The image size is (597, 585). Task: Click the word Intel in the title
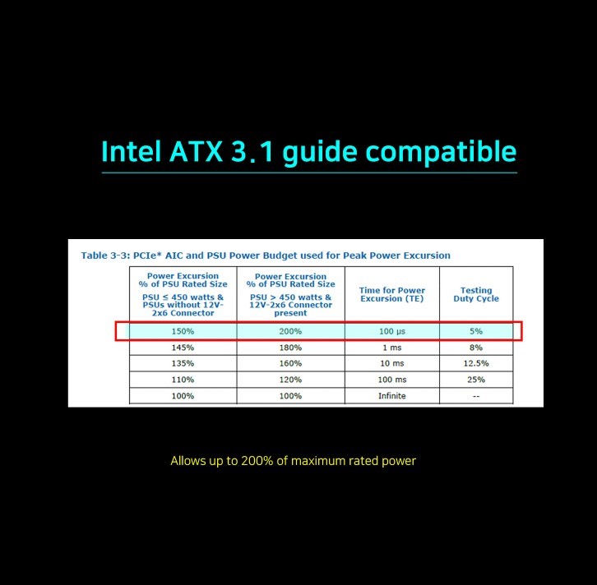coord(131,151)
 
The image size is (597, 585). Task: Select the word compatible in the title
coord(441,153)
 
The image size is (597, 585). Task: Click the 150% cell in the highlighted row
coord(183,331)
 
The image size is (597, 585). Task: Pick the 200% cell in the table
coord(290,331)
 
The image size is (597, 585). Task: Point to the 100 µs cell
coord(392,331)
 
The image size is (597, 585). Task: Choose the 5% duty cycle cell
coord(476,331)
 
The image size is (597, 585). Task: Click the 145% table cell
coord(183,348)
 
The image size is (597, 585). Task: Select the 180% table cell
coord(290,348)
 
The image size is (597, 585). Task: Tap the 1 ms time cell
coord(392,348)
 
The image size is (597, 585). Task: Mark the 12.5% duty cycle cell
coord(476,363)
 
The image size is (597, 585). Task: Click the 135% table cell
coord(183,363)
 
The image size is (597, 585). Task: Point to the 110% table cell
coord(183,380)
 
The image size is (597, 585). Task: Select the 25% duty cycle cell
coord(476,380)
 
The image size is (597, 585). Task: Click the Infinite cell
coord(392,396)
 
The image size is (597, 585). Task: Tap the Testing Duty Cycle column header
coord(476,294)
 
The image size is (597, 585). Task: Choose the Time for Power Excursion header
coord(392,294)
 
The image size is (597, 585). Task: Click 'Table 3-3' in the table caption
coord(104,256)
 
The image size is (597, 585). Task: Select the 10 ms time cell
coord(392,363)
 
